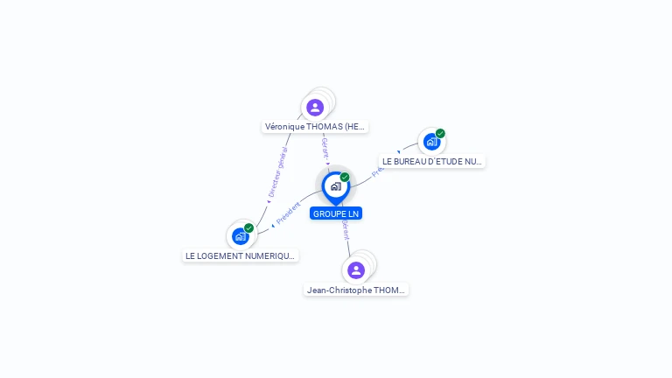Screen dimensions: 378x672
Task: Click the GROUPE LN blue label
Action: (x=335, y=213)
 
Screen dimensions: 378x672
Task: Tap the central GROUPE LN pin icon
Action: (x=335, y=186)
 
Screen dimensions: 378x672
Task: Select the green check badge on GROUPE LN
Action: (x=345, y=177)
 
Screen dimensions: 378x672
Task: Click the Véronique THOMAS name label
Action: (x=315, y=127)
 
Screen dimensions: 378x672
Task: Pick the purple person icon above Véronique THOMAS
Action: (x=315, y=108)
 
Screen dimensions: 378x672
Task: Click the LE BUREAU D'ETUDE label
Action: (x=432, y=161)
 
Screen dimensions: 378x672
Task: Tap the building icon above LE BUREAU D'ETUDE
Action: (x=430, y=142)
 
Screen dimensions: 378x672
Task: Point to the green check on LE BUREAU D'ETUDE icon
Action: (x=440, y=134)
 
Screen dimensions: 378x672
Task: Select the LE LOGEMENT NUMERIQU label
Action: (x=241, y=256)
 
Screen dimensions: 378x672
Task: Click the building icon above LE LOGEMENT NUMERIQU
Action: (x=240, y=236)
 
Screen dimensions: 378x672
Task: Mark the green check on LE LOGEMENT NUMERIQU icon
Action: (x=249, y=227)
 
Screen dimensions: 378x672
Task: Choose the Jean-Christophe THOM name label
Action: (x=356, y=290)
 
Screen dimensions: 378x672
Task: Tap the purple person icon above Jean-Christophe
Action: (x=355, y=269)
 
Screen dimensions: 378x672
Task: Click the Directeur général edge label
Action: (x=277, y=173)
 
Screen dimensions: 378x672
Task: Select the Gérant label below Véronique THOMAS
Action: (x=325, y=148)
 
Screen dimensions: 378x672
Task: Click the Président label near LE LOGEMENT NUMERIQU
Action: (x=288, y=213)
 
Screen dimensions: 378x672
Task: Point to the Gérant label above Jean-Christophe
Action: (x=346, y=230)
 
